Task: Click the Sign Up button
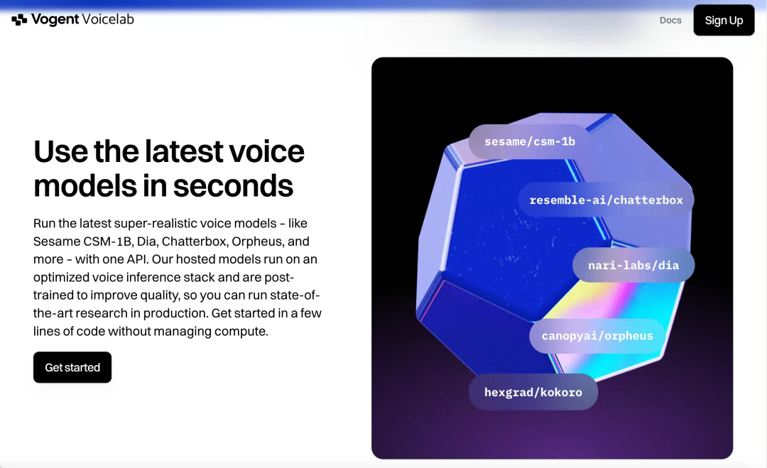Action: point(724,20)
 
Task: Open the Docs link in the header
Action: point(670,20)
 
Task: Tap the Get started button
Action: point(72,367)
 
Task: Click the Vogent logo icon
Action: point(19,20)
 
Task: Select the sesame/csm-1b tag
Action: point(530,141)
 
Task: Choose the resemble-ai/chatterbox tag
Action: point(606,200)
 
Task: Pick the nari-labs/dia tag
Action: point(633,265)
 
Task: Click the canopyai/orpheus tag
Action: point(597,336)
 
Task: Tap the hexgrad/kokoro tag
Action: point(533,392)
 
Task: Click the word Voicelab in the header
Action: point(108,19)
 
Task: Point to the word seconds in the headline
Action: point(233,186)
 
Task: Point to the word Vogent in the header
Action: point(55,20)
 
